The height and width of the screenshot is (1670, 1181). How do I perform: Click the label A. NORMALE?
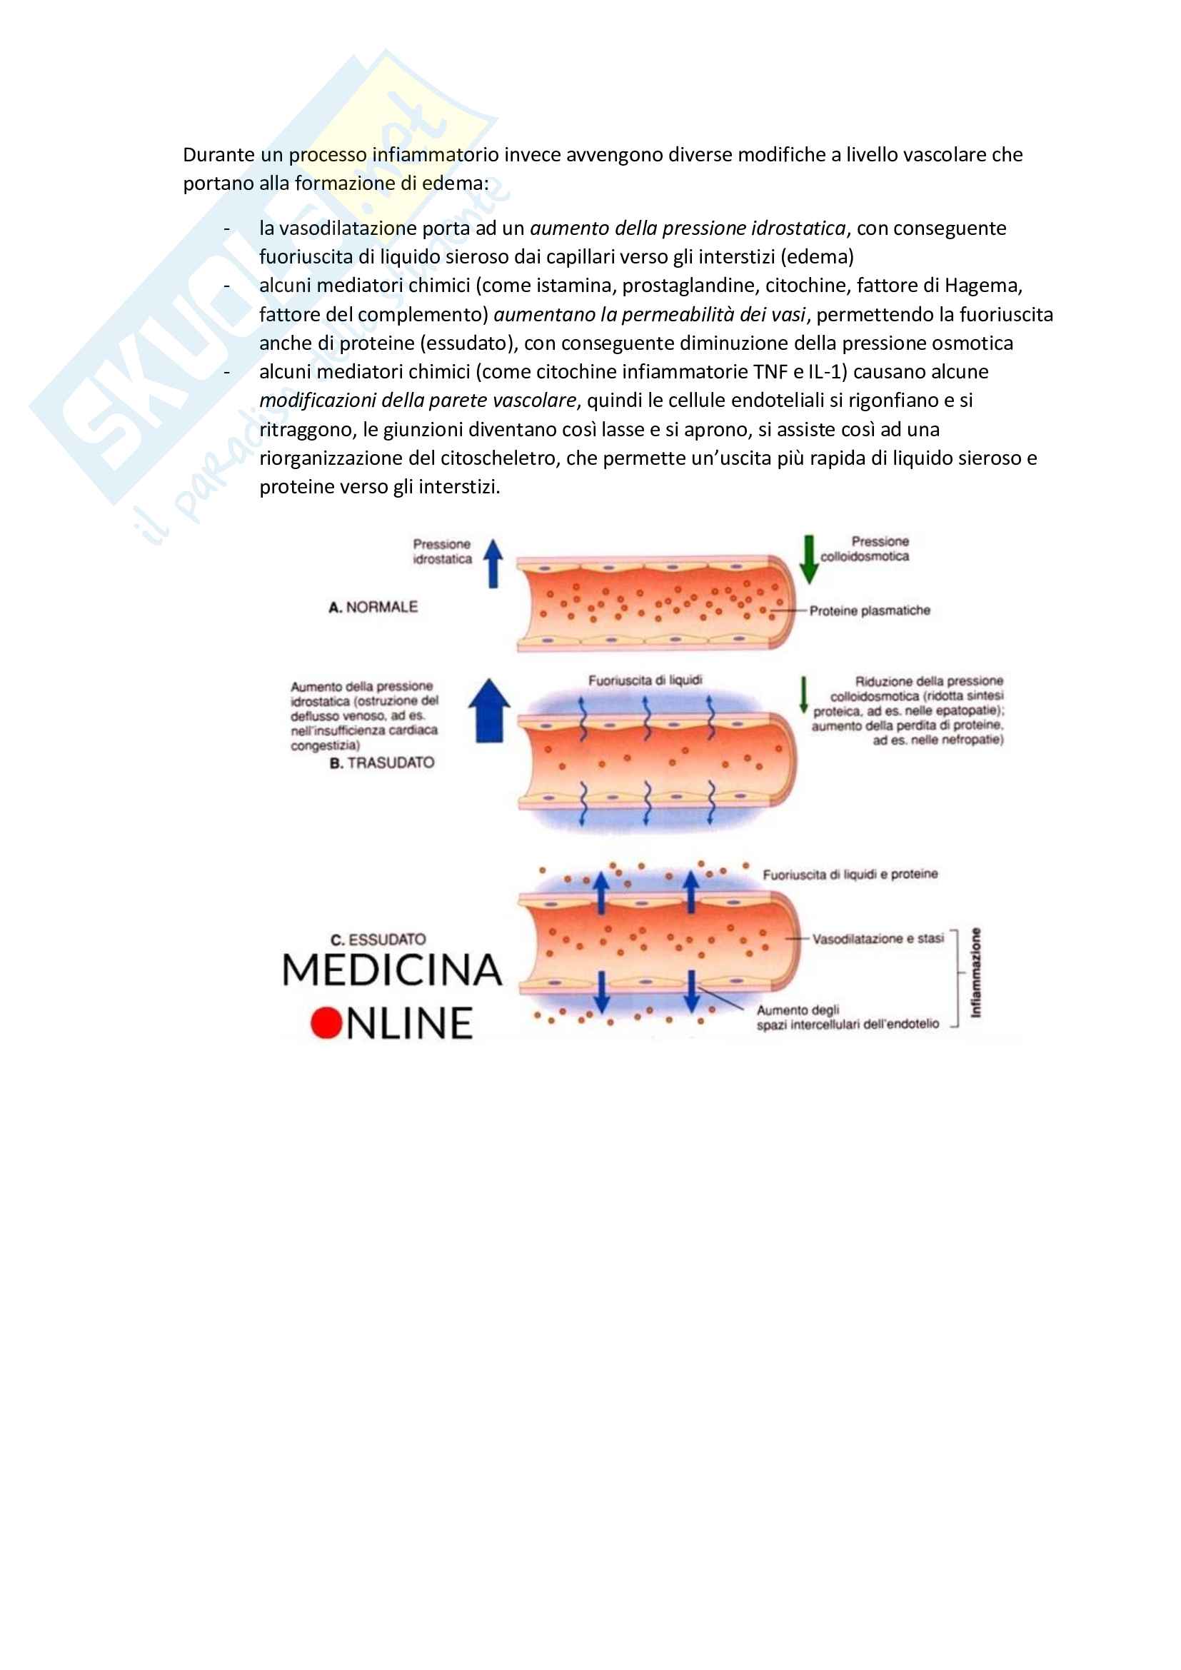click(x=373, y=607)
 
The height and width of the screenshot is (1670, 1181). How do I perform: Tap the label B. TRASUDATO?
click(x=382, y=763)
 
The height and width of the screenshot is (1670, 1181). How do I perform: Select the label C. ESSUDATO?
click(x=378, y=939)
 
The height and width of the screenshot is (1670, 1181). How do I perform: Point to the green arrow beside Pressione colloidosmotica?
click(x=809, y=559)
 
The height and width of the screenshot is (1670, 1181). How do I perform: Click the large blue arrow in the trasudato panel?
click(x=488, y=710)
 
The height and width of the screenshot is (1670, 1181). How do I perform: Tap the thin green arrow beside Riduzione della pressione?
click(x=803, y=695)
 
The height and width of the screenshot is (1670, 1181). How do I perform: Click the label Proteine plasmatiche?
click(x=870, y=611)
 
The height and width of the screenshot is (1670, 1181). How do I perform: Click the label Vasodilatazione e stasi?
click(x=878, y=938)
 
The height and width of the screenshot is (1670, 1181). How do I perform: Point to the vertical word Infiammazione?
click(x=976, y=972)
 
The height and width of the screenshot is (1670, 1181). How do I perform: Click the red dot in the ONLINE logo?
click(x=326, y=1022)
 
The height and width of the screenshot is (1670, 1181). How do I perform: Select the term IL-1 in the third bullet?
click(x=828, y=372)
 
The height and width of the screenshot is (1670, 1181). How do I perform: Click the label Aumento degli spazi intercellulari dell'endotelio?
click(x=848, y=1017)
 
